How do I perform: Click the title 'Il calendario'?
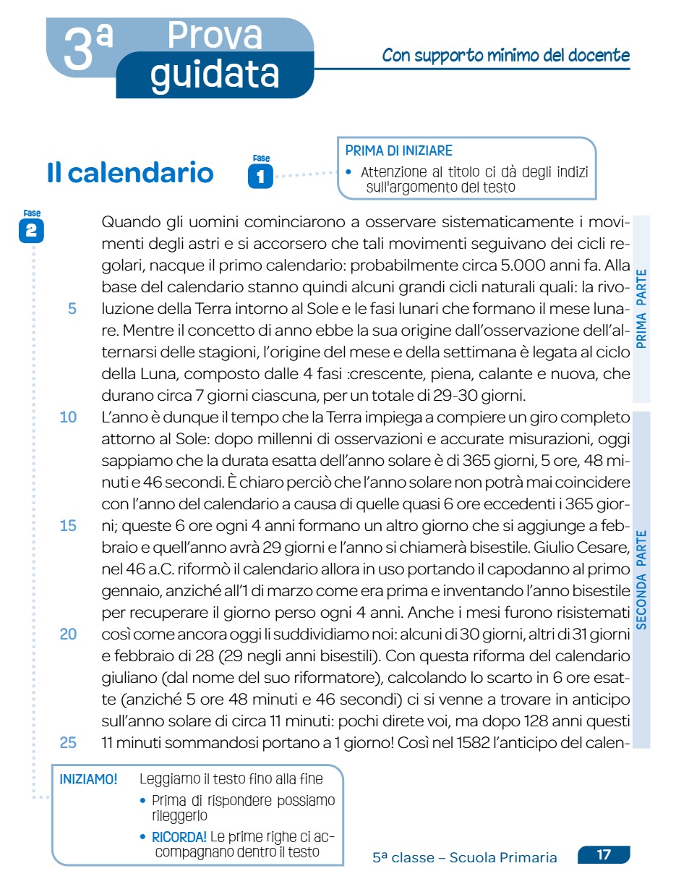(x=130, y=174)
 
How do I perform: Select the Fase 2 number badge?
(x=32, y=231)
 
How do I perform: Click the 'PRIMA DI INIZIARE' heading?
(x=398, y=151)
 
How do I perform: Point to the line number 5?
(x=72, y=309)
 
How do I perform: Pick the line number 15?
(x=68, y=526)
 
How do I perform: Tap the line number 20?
(x=68, y=634)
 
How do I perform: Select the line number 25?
(x=68, y=742)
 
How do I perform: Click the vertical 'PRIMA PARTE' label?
(x=642, y=308)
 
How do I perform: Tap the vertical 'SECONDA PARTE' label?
(x=642, y=579)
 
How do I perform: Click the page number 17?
(x=604, y=855)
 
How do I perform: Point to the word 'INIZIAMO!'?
(x=88, y=780)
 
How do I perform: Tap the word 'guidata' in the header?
(x=215, y=74)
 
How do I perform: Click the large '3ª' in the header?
(x=87, y=49)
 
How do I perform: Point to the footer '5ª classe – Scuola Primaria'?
(x=465, y=858)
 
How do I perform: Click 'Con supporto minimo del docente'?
(x=505, y=56)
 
